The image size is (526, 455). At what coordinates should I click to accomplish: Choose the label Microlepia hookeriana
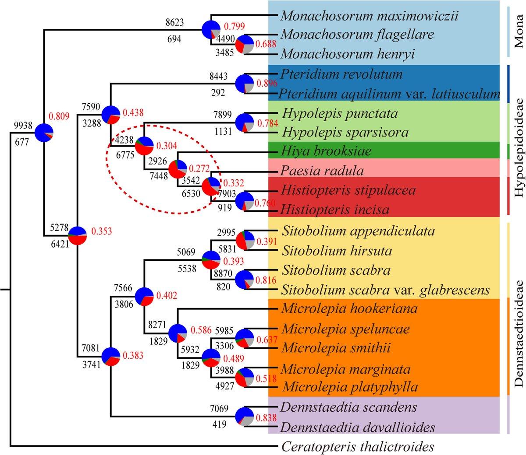pos(349,308)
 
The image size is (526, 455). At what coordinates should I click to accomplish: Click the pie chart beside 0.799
pos(211,30)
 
